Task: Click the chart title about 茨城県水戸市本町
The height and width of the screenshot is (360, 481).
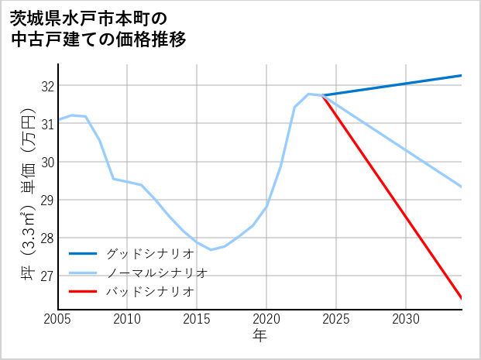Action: coord(98,29)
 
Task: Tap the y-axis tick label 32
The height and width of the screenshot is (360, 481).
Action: coord(46,86)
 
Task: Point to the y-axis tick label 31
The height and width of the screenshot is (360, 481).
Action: coord(46,124)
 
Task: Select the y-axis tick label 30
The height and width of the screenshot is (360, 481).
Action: coord(46,162)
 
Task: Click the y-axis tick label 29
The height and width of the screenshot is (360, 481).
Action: coord(46,200)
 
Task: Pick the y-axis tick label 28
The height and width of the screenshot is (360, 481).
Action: coord(46,238)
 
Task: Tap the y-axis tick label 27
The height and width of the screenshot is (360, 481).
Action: coord(46,276)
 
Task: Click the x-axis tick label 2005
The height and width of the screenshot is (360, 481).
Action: coord(58,319)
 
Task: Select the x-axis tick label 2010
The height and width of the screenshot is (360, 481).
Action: coord(127,319)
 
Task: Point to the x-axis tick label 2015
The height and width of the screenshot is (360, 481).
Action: coord(197,319)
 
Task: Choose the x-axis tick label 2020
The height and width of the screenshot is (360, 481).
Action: coord(266,319)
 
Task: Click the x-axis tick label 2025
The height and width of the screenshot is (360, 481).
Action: coord(336,319)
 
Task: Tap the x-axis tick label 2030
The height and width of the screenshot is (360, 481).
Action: coord(406,319)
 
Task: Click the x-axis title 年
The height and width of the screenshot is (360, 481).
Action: coord(259,337)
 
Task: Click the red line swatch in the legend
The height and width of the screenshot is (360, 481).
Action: coord(83,292)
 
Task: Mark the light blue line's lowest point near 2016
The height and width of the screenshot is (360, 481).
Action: coord(211,249)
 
